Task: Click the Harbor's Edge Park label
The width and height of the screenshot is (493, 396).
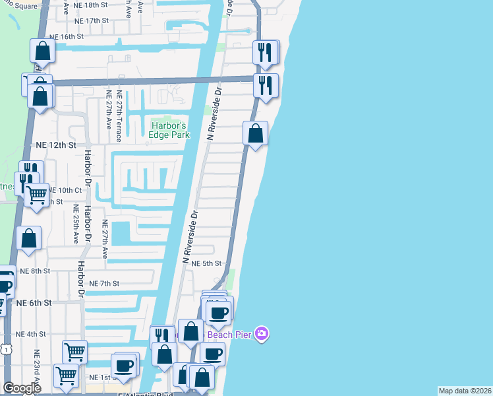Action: pyautogui.click(x=170, y=130)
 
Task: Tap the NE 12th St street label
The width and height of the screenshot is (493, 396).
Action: pyautogui.click(x=56, y=145)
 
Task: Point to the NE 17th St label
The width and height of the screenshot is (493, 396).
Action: pyautogui.click(x=91, y=20)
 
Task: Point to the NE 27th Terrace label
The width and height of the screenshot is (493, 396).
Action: pyautogui.click(x=119, y=116)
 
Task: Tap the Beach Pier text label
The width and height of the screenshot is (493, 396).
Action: pyautogui.click(x=230, y=335)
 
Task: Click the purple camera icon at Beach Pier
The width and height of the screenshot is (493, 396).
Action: pyautogui.click(x=262, y=334)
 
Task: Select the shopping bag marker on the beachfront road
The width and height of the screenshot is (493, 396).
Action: pyautogui.click(x=255, y=133)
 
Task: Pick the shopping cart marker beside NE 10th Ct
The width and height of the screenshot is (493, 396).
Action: pyautogui.click(x=37, y=195)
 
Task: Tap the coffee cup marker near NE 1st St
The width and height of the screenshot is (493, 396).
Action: pyautogui.click(x=123, y=365)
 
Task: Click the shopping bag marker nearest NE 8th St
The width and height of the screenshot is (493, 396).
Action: pyautogui.click(x=29, y=239)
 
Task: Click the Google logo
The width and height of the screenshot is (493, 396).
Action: pyautogui.click(x=22, y=388)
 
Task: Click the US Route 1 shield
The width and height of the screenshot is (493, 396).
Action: pyautogui.click(x=5, y=348)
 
